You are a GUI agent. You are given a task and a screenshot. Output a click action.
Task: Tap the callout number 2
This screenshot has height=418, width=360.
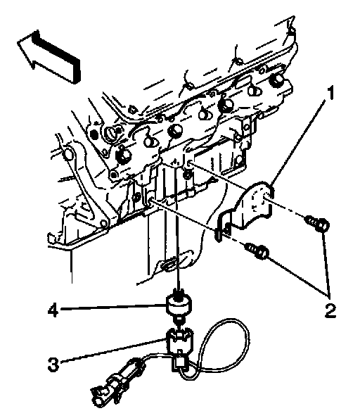[330, 310]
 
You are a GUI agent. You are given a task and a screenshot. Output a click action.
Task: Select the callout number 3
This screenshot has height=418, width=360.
[53, 365]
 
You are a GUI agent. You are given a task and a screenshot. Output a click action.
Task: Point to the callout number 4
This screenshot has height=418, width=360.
[53, 310]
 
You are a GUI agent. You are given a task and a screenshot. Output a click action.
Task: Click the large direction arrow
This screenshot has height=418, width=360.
[50, 57]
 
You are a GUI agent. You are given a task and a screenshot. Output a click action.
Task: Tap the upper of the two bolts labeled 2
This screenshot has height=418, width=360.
[317, 224]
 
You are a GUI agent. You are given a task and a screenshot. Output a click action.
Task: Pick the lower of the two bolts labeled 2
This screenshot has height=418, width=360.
[257, 252]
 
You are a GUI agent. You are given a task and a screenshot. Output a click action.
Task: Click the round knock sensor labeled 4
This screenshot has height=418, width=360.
[179, 306]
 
